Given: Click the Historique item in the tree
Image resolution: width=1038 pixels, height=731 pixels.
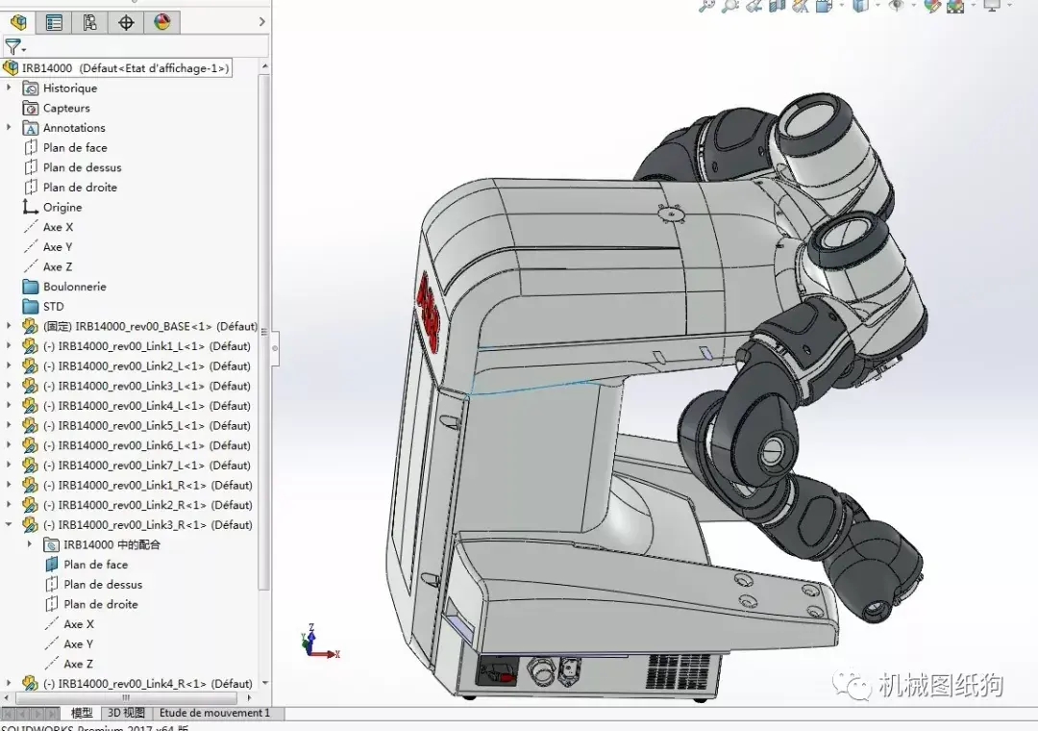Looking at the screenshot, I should pos(69,88).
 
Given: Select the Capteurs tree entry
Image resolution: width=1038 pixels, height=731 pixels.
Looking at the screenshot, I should pos(66,109).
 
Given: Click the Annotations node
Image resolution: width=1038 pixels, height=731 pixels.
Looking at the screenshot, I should pos(74,128).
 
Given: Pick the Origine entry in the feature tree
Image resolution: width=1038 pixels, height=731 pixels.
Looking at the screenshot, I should pos(62,208).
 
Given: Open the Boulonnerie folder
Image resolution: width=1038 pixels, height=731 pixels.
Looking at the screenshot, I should pos(74,287).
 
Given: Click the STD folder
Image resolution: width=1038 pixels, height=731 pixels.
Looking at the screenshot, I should pos(53,307).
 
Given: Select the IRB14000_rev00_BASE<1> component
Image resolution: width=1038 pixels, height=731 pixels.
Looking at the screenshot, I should pos(135,327).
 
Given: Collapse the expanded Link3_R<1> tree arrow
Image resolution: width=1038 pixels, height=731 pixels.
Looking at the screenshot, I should pos(10,525).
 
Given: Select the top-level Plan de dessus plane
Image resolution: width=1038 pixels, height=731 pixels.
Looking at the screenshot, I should pos(82,168).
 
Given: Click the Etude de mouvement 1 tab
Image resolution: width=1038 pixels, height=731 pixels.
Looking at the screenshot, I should pos(214,714).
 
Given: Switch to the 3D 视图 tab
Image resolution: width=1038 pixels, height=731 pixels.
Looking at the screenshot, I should pos(126,714).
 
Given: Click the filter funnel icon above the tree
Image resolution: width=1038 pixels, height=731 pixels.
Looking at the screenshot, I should pos(12,46).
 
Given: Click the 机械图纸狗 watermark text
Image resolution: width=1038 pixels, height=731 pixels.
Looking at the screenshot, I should pos(940,685).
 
